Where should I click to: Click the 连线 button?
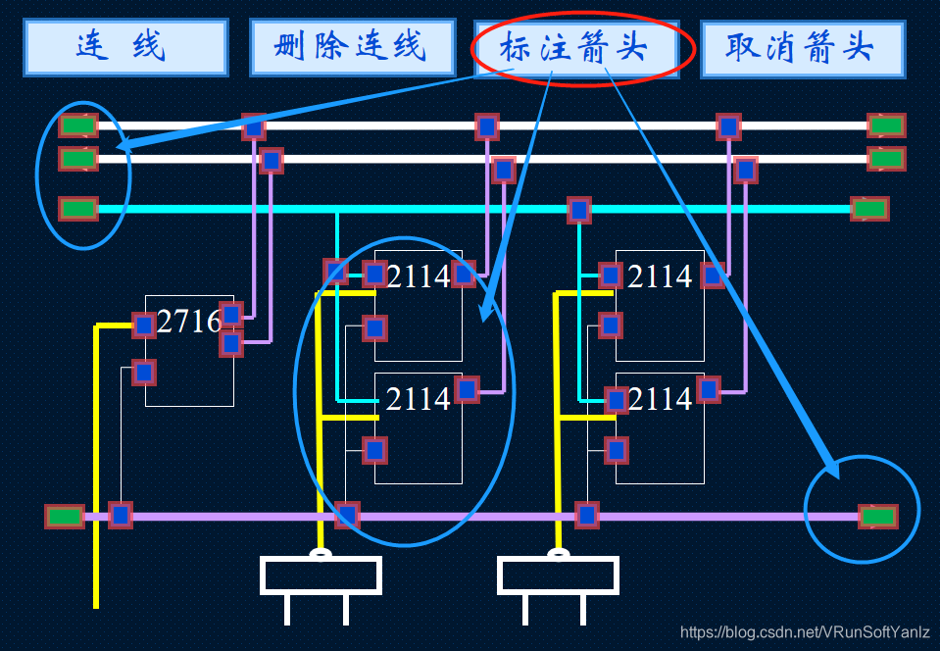coord(125,47)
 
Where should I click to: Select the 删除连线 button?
coord(352,47)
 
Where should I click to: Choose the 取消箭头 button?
coord(802,48)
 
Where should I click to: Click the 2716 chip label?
coord(188,321)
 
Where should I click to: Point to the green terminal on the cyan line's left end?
coord(78,209)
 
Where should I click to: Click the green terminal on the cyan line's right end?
coord(869,209)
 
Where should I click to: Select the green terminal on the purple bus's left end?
coord(65,516)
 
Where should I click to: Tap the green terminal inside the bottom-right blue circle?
coord(878,516)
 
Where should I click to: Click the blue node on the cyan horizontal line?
coord(579,209)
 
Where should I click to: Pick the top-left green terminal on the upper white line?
coord(78,125)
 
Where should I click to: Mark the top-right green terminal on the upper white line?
coord(886,125)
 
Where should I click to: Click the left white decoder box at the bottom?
coord(321,576)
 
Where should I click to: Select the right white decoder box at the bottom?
coord(558,576)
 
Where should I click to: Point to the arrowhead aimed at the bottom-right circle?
coord(830,467)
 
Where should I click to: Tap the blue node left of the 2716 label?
coord(144,324)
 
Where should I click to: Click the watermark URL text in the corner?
coord(805,633)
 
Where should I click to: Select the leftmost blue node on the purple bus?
coord(121,515)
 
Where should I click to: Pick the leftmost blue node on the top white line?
coord(254,125)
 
